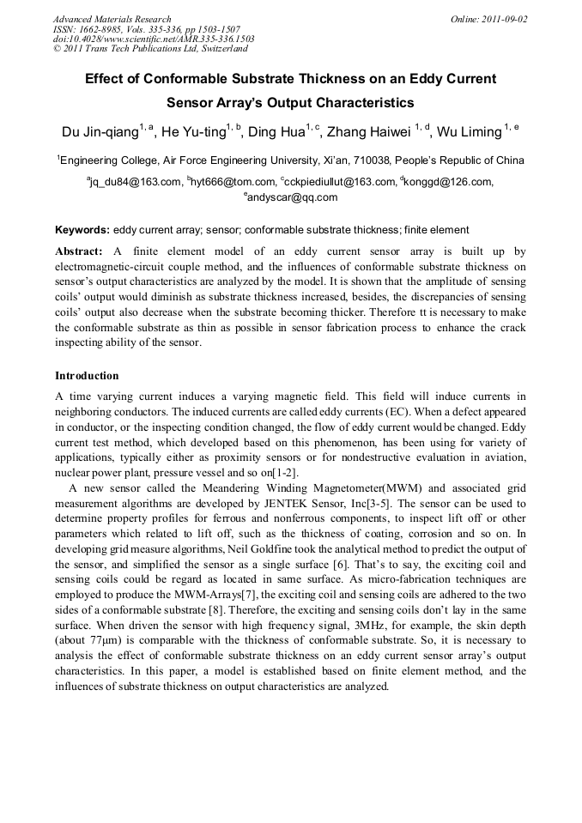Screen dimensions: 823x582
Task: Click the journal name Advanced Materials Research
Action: coord(112,19)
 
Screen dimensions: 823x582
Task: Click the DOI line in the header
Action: coord(154,39)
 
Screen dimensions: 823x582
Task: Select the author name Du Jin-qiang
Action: coord(100,132)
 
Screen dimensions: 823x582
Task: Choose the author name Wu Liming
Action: coord(469,132)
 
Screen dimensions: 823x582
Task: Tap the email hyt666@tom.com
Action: coord(231,182)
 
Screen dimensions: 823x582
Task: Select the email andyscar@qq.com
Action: coord(292,197)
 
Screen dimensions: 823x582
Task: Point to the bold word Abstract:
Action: coord(79,251)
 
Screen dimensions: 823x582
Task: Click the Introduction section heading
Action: coord(87,376)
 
